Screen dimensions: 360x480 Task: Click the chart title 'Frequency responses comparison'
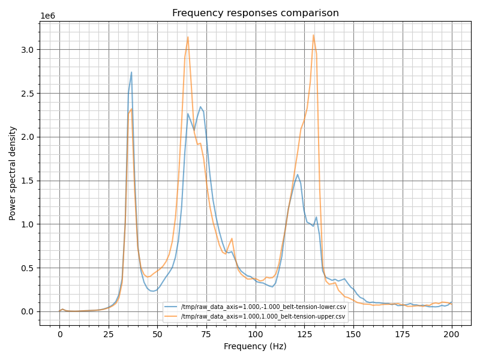pyautogui.click(x=255, y=13)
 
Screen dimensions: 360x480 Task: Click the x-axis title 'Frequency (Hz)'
pyautogui.click(x=255, y=346)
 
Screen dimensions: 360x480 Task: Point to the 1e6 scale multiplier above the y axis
pyautogui.click(x=47, y=16)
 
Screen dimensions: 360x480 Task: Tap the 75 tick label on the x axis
pyautogui.click(x=206, y=334)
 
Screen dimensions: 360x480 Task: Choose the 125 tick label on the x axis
pyautogui.click(x=304, y=334)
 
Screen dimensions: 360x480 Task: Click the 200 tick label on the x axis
pyautogui.click(x=451, y=334)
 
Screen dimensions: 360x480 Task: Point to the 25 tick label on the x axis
pyautogui.click(x=109, y=334)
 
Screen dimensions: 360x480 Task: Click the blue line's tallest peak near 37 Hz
pyautogui.click(x=131, y=73)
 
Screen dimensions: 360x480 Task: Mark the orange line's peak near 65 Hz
pyautogui.click(x=188, y=37)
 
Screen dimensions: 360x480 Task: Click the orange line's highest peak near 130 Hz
pyautogui.click(x=313, y=35)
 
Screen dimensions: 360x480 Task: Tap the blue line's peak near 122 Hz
pyautogui.click(x=298, y=175)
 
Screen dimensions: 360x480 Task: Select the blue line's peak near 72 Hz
pyautogui.click(x=200, y=107)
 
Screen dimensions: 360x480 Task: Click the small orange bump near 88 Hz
pyautogui.click(x=232, y=239)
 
